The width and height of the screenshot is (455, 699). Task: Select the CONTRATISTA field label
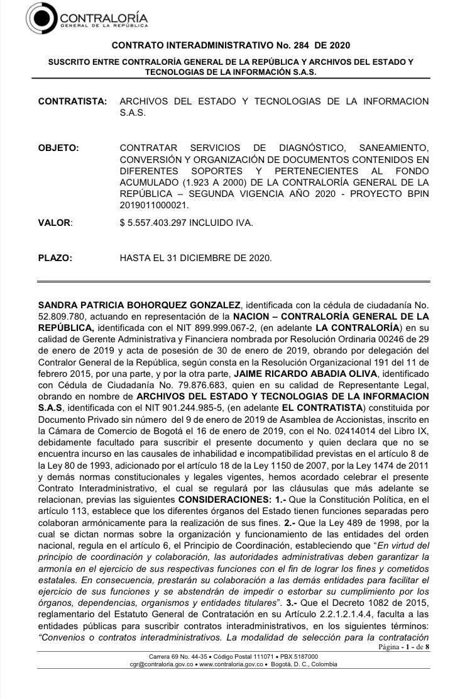coord(72,101)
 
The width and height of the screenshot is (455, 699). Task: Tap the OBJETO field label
coord(58,148)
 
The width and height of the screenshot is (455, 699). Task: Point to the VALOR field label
coord(55,223)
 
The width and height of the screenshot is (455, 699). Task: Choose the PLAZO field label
coord(55,257)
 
